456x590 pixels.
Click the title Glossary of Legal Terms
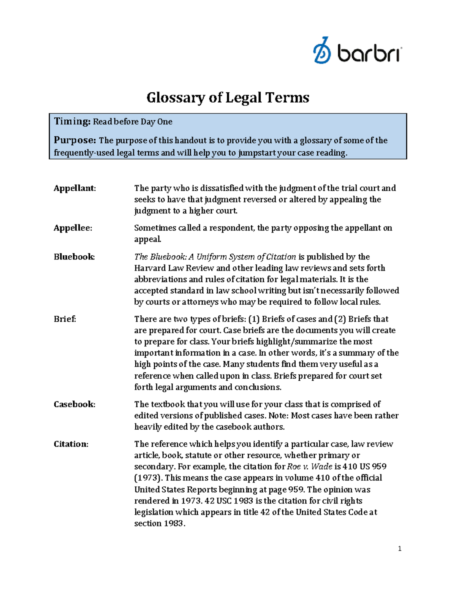tap(228, 98)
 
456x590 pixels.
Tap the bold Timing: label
tap(72, 122)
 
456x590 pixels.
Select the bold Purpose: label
tap(75, 140)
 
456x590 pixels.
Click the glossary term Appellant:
tap(74, 188)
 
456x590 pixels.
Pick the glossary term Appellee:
tap(73, 228)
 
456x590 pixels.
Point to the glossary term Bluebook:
tap(74, 257)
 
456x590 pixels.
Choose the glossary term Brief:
tap(65, 319)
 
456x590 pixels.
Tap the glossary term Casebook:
tap(74, 404)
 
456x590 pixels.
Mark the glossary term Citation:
tap(71, 444)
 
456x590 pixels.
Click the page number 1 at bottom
tap(399, 549)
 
